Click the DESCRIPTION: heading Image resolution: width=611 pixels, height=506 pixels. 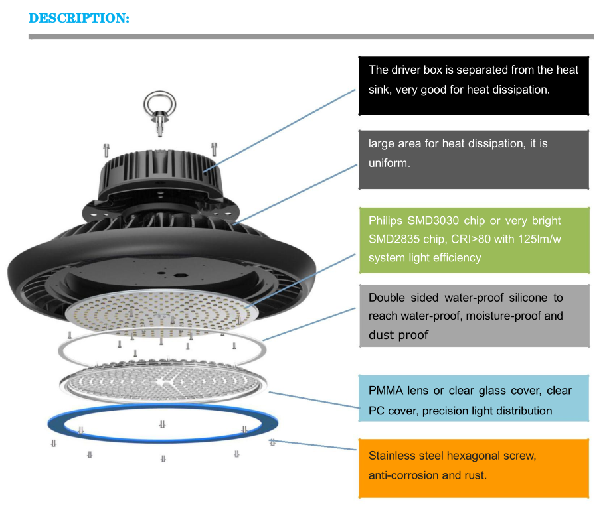coord(79,18)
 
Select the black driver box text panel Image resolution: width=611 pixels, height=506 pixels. coord(474,86)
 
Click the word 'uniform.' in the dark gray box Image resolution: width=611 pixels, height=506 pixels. coord(389,162)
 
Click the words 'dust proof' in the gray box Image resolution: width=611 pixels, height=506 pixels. coord(398,335)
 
